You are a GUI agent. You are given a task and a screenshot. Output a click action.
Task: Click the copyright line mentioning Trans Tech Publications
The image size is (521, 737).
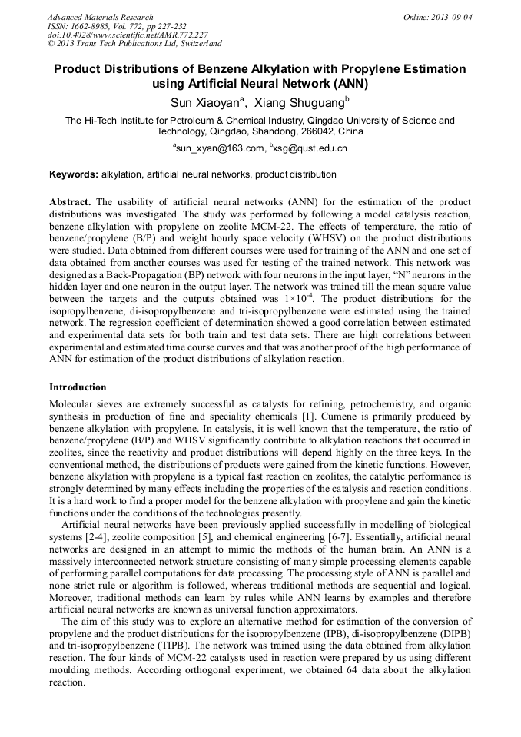click(x=134, y=44)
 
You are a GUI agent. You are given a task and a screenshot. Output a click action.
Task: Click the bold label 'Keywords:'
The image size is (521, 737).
click(x=74, y=174)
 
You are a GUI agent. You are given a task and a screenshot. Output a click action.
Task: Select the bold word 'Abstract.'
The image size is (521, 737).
click(x=71, y=201)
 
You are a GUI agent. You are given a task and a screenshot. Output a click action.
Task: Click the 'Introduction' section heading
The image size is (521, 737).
click(x=78, y=387)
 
